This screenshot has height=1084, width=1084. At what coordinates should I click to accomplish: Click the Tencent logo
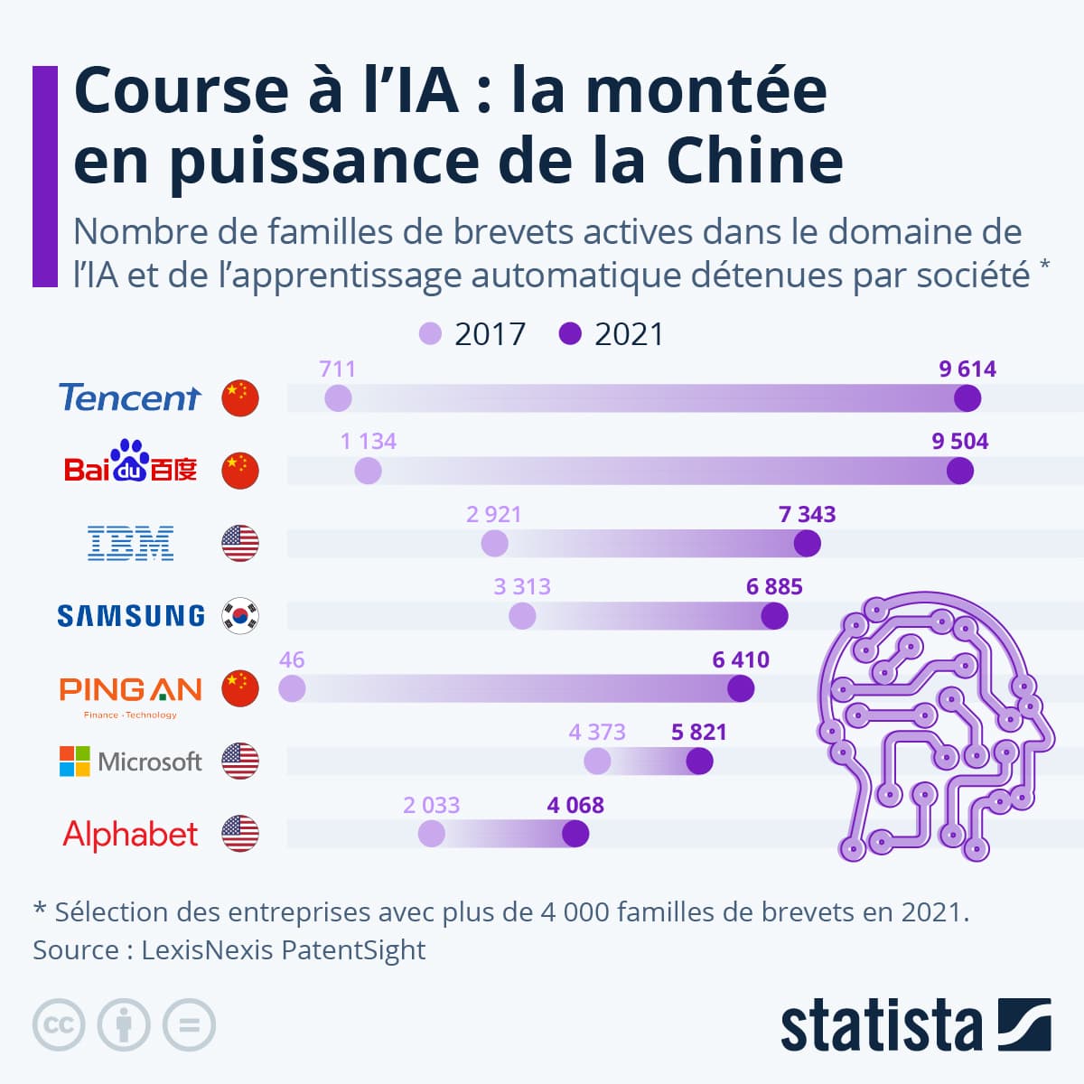[129, 397]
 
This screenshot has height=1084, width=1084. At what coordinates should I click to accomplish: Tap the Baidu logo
[130, 463]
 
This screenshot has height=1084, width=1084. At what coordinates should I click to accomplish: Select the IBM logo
[130, 543]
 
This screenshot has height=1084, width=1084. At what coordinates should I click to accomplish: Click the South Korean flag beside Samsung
[240, 616]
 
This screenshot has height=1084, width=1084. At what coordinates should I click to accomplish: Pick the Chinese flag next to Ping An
[240, 688]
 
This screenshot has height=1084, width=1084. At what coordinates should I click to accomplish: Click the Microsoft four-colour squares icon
[75, 762]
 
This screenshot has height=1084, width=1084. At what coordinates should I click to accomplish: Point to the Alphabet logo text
[130, 834]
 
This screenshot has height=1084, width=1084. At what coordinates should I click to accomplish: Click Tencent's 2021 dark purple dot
[967, 397]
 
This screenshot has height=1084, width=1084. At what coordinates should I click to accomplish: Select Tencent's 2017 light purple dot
[338, 397]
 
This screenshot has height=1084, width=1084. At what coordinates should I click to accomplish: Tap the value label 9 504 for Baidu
[960, 442]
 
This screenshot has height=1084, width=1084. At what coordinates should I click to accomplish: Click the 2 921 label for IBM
[494, 514]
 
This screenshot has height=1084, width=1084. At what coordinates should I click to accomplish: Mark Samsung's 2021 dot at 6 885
[774, 616]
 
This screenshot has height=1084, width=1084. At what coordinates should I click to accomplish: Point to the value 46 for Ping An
[292, 659]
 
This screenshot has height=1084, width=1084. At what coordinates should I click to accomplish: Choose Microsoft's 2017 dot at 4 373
[597, 762]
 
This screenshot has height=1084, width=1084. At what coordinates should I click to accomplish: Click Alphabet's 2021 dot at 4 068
[575, 834]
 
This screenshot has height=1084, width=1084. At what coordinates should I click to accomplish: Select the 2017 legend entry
[472, 334]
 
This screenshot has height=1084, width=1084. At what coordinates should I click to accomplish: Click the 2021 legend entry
[612, 334]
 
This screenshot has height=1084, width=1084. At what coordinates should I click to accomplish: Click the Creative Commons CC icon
[59, 1025]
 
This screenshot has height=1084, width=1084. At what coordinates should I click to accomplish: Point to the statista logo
[915, 1025]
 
